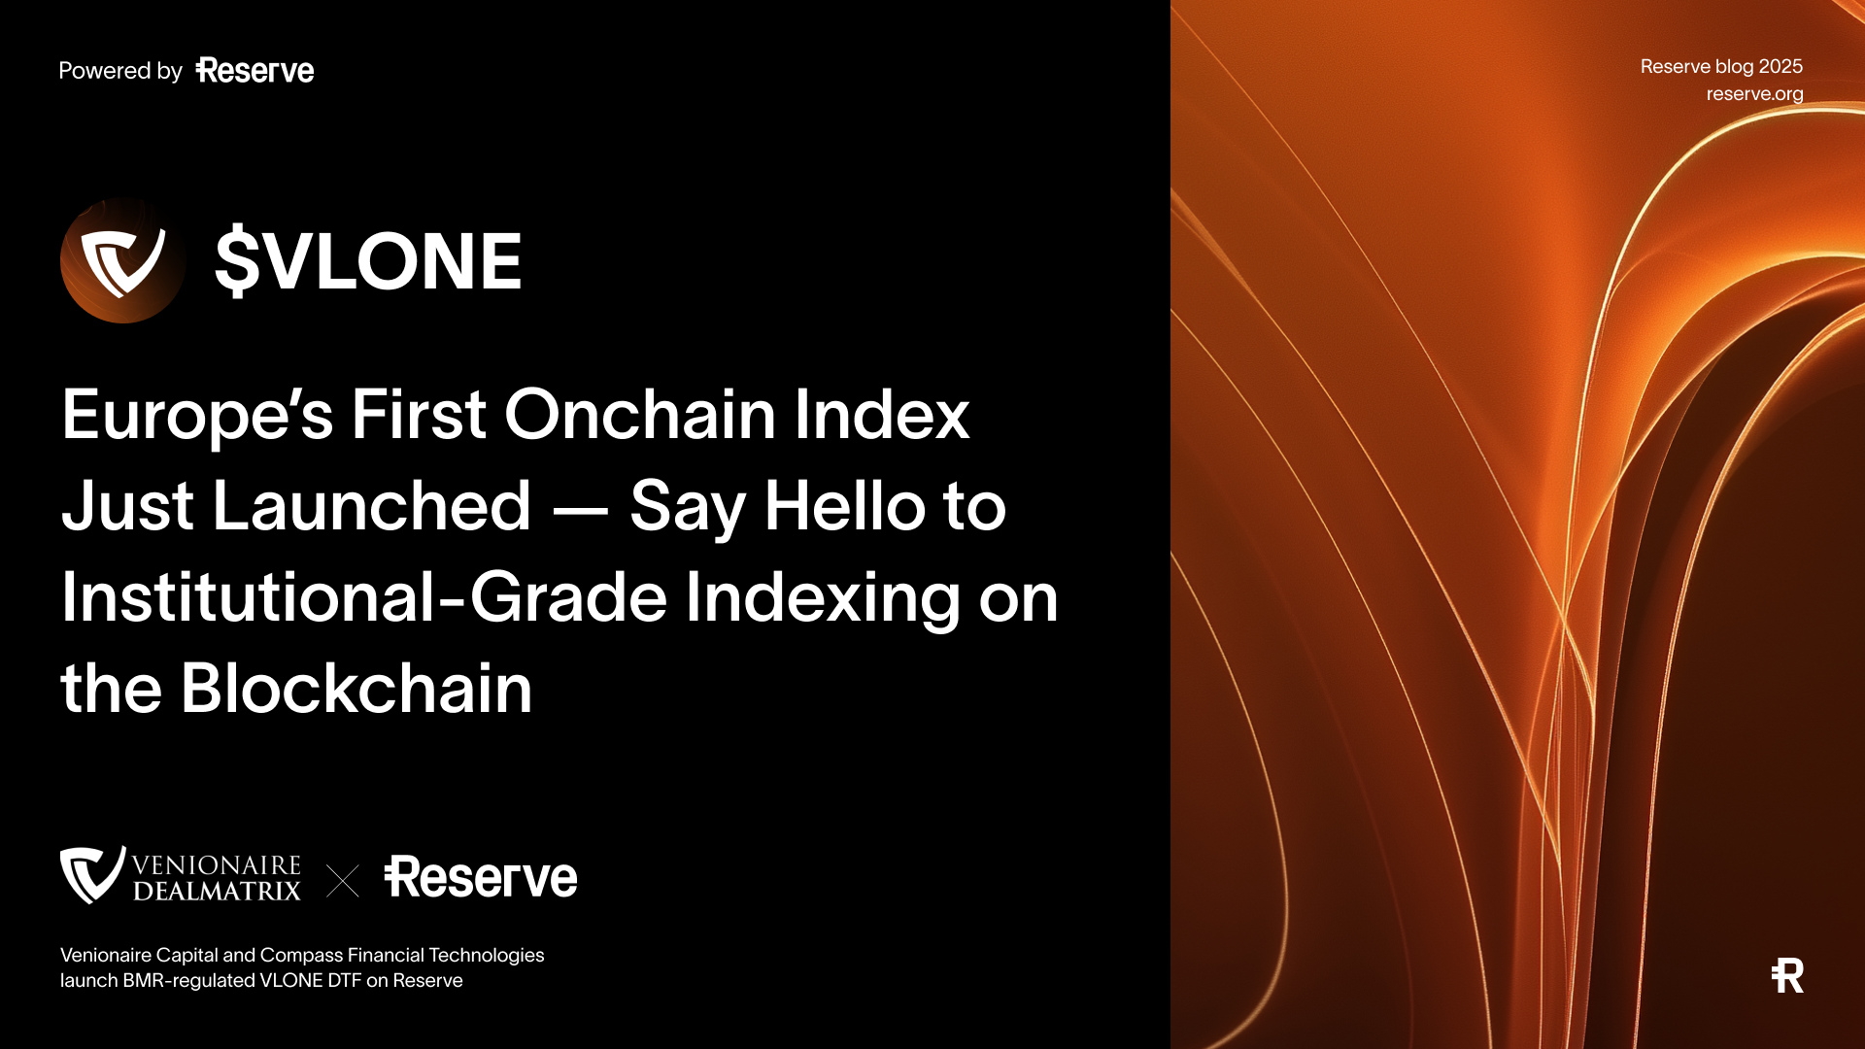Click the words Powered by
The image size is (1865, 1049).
[x=120, y=71]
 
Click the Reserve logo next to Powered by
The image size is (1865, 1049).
[x=254, y=71]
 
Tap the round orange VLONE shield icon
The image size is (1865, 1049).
[x=123, y=260]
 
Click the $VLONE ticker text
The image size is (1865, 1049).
[x=368, y=260]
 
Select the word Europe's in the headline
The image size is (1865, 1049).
[x=197, y=416]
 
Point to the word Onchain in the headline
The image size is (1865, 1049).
[x=639, y=416]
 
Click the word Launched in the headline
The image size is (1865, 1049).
[x=372, y=506]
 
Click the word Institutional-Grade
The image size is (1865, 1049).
[x=364, y=597]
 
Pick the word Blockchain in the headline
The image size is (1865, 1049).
[x=356, y=689]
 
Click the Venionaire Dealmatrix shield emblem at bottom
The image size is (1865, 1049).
[x=92, y=874]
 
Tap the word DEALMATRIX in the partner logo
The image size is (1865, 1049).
[x=217, y=892]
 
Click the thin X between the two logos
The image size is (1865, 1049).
[x=343, y=881]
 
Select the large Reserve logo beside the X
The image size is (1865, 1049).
[x=481, y=877]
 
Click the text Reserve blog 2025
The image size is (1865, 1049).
[x=1721, y=66]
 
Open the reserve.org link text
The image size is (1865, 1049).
[x=1754, y=94]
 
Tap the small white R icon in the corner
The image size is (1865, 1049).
[x=1787, y=975]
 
